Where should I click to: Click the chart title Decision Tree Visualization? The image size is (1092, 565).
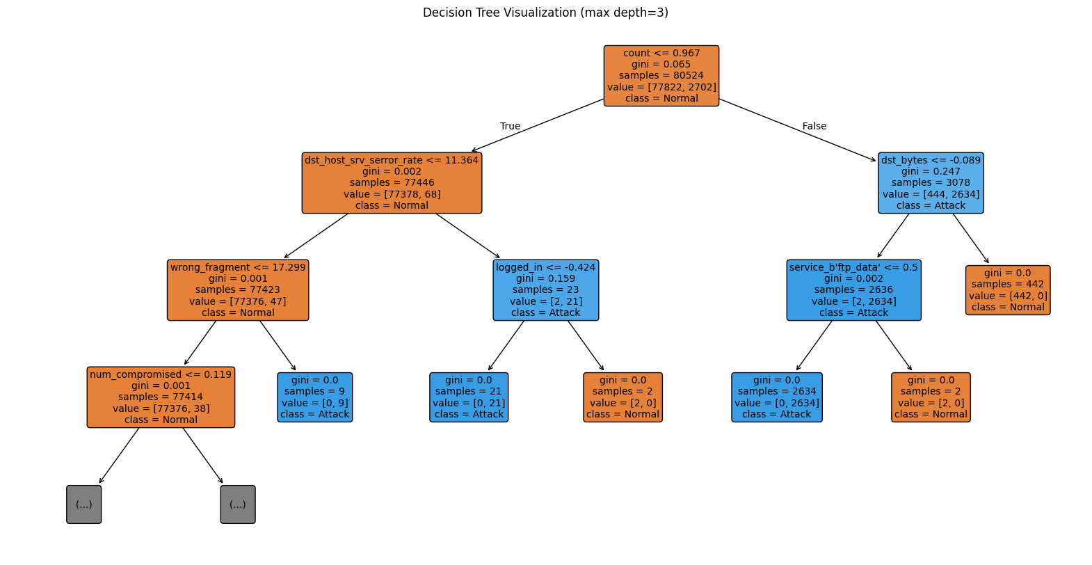[x=545, y=13]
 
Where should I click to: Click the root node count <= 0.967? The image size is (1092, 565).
[x=661, y=76]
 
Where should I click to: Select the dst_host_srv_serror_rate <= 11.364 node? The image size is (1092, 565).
[x=392, y=183]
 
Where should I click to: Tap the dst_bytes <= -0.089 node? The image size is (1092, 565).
[x=931, y=183]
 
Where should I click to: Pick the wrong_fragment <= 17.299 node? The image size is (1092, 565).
[x=238, y=290]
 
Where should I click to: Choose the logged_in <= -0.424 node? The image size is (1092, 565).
[x=546, y=290]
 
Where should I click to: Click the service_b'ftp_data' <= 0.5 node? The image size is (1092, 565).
[x=853, y=290]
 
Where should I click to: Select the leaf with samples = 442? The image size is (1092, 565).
[x=1007, y=290]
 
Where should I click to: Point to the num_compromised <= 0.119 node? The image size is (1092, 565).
[x=161, y=397]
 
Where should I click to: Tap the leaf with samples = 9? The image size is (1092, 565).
[x=314, y=397]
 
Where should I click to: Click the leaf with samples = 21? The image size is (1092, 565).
[x=469, y=397]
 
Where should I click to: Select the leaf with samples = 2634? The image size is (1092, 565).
[x=776, y=397]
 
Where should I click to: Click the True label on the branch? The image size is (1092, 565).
[x=510, y=126]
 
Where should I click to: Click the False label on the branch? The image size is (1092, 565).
[x=814, y=126]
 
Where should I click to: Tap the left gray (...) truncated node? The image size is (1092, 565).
[x=84, y=504]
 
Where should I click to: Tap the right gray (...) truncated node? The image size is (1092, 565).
[x=238, y=504]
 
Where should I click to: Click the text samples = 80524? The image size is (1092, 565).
[x=661, y=76]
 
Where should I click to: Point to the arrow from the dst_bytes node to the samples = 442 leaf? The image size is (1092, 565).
[x=970, y=238]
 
